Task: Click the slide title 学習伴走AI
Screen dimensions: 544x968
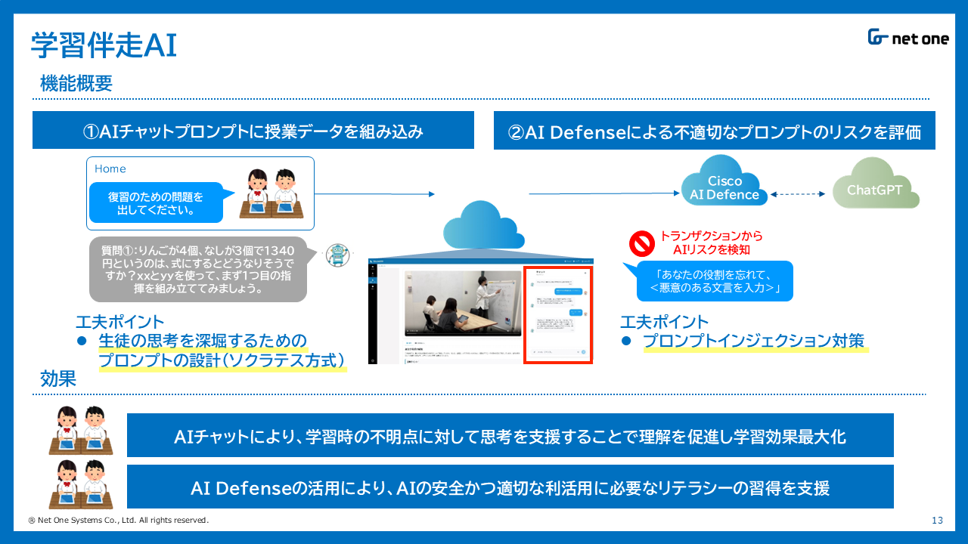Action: click(104, 45)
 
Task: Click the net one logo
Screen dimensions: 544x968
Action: click(908, 39)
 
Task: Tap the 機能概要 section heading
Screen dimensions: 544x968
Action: click(76, 84)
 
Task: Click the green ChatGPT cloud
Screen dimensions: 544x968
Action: click(875, 186)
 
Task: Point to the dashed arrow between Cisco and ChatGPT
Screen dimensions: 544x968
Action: click(801, 194)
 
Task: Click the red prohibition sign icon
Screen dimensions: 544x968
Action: click(641, 243)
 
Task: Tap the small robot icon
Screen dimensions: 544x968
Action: click(338, 255)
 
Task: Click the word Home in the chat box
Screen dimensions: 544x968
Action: click(110, 168)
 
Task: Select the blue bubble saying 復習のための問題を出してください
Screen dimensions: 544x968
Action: click(156, 203)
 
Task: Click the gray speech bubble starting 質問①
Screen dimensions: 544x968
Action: click(198, 269)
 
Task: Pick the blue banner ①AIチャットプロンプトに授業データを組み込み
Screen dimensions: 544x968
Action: click(253, 131)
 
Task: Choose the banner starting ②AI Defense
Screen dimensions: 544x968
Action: click(714, 131)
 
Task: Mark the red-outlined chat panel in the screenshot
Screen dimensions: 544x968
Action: click(558, 314)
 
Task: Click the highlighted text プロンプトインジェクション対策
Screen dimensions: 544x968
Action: click(753, 341)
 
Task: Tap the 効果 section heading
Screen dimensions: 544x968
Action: click(59, 379)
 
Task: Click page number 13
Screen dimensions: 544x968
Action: click(937, 520)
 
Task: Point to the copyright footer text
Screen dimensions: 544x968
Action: click(118, 521)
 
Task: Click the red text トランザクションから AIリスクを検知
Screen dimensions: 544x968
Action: click(711, 243)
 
